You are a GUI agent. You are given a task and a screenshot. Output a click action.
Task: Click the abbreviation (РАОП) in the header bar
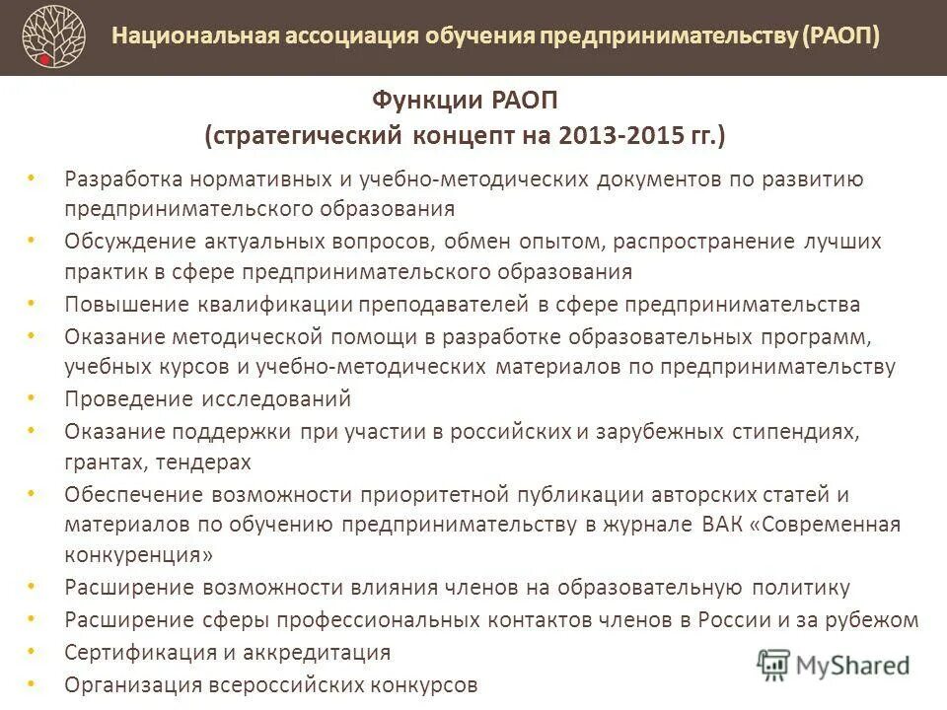pos(841,36)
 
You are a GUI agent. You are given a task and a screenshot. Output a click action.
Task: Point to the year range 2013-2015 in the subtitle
pos(614,135)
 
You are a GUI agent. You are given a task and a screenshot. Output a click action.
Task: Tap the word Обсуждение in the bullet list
pos(124,242)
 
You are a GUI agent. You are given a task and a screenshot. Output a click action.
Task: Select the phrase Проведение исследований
pos(207,399)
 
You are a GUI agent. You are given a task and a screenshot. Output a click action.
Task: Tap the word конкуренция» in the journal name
pos(139,555)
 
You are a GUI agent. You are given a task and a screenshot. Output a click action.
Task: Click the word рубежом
pos(873,620)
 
